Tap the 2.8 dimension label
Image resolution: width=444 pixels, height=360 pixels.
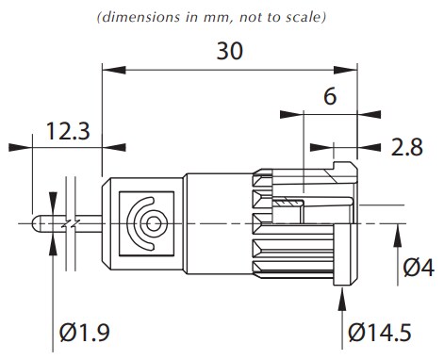pyautogui.click(x=406, y=146)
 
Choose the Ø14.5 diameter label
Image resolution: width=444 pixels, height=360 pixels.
pyautogui.click(x=380, y=334)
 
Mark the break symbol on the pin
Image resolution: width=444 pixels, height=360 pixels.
pyautogui.click(x=69, y=223)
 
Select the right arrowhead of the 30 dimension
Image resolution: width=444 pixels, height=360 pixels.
pyautogui.click(x=351, y=68)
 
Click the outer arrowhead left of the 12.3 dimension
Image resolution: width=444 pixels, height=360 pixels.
pyautogui.click(x=20, y=146)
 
